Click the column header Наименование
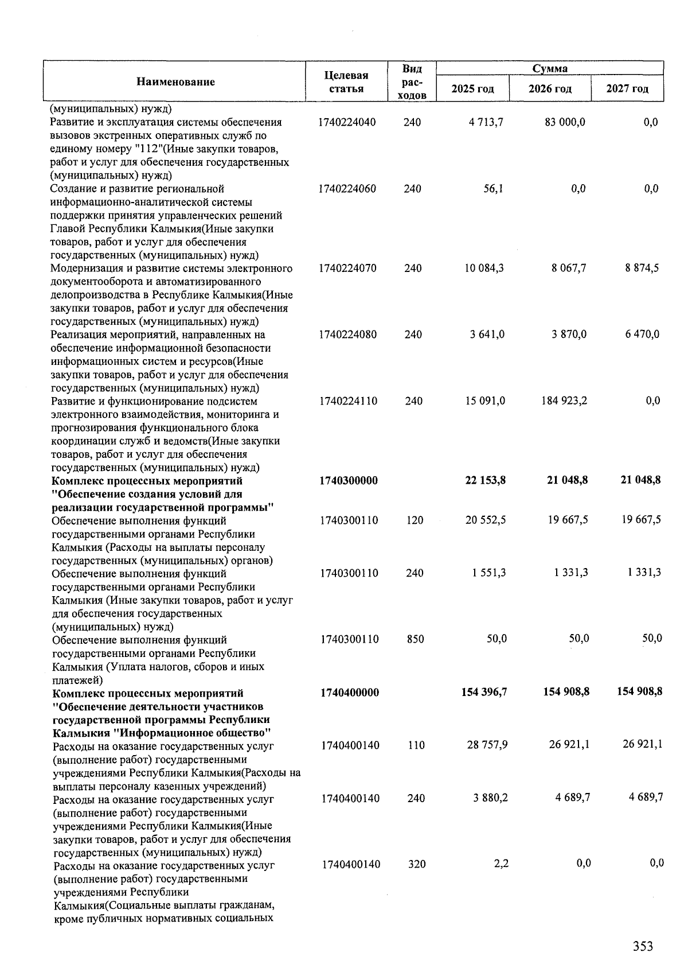(175, 81)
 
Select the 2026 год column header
(550, 89)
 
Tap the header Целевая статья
(346, 81)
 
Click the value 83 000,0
(565, 122)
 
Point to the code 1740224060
(347, 189)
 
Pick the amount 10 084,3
(484, 268)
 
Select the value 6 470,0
(642, 335)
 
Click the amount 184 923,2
(564, 401)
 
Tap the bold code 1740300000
(349, 480)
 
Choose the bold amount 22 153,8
(485, 480)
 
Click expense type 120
(415, 520)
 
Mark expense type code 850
(415, 639)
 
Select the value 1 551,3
(489, 573)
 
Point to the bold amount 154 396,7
(484, 693)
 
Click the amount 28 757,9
(487, 745)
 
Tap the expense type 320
(417, 864)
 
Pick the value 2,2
(501, 864)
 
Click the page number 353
(643, 946)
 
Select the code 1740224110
(349, 401)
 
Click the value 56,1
(494, 189)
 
